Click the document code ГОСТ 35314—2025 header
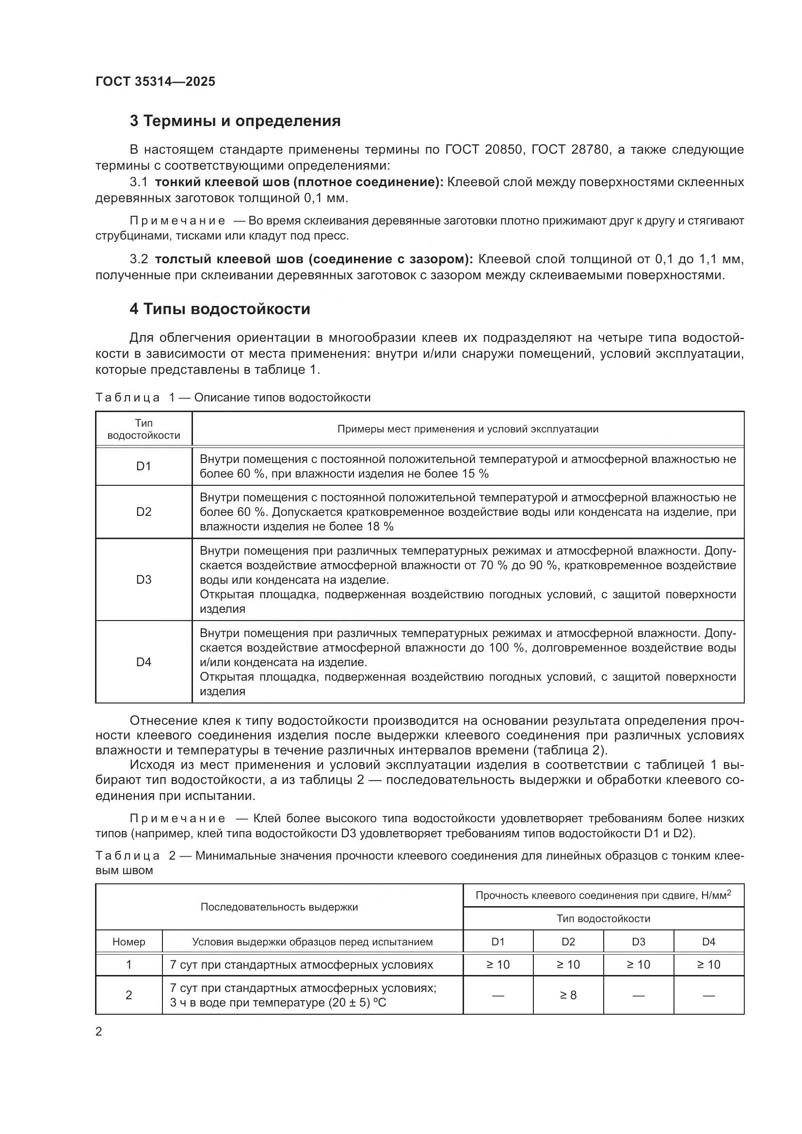155,81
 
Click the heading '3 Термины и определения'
235,121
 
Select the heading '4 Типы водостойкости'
220,309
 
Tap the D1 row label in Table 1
143,466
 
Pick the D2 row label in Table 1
143,511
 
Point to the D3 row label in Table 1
143,579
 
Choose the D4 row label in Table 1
143,662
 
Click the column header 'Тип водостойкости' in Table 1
143,429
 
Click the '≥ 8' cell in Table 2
568,995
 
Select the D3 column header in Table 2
638,942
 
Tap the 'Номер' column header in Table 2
128,942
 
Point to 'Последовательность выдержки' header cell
279,907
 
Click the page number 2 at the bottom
99,1032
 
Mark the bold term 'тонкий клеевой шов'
221,182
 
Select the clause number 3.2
139,259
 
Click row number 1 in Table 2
128,965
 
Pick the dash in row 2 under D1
498,995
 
